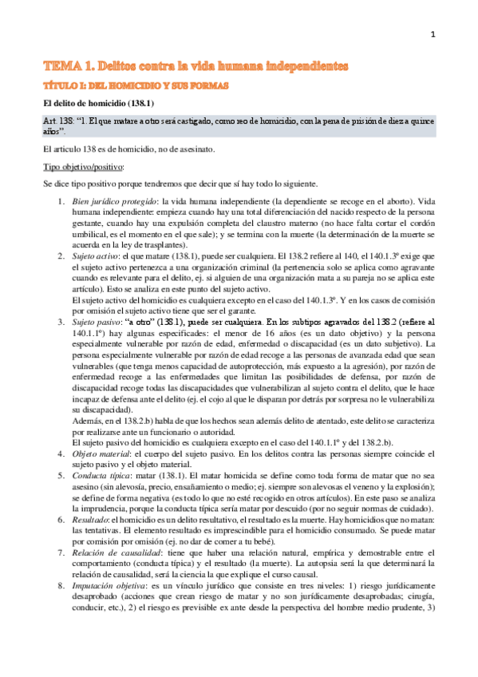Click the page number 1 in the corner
[x=432, y=34]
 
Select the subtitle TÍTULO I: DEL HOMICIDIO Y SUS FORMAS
[x=136, y=84]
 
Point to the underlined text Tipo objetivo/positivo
[x=82, y=167]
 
